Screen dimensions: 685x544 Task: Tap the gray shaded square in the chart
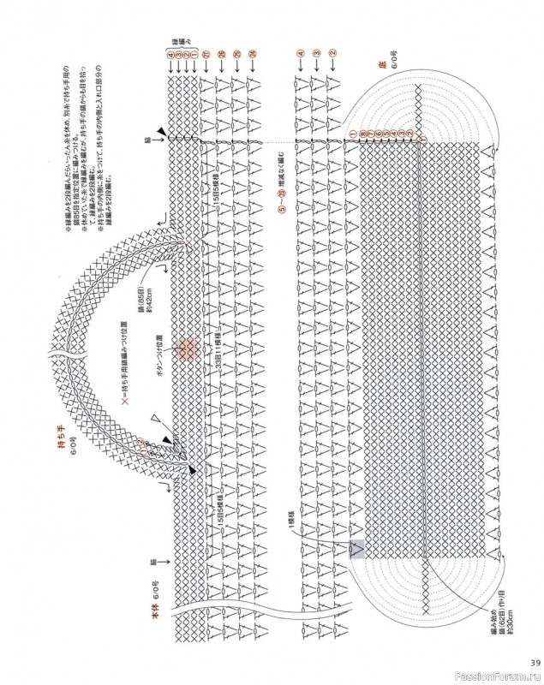[358, 550]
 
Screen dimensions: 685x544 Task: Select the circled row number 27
[206, 55]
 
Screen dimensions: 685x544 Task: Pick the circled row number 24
[253, 55]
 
